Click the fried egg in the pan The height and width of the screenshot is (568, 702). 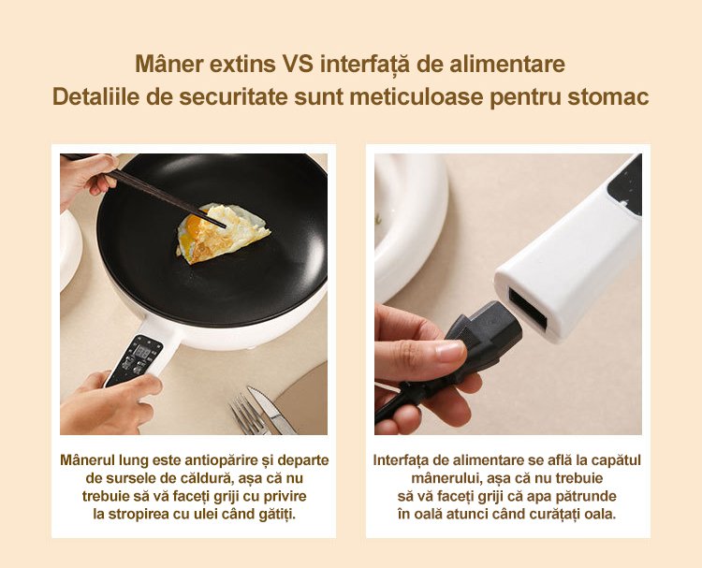pyautogui.click(x=222, y=234)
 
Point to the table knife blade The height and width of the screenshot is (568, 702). pyautogui.click(x=271, y=411)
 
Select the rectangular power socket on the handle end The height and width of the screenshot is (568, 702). pyautogui.click(x=528, y=309)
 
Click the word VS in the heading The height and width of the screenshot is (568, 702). pyautogui.click(x=299, y=64)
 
